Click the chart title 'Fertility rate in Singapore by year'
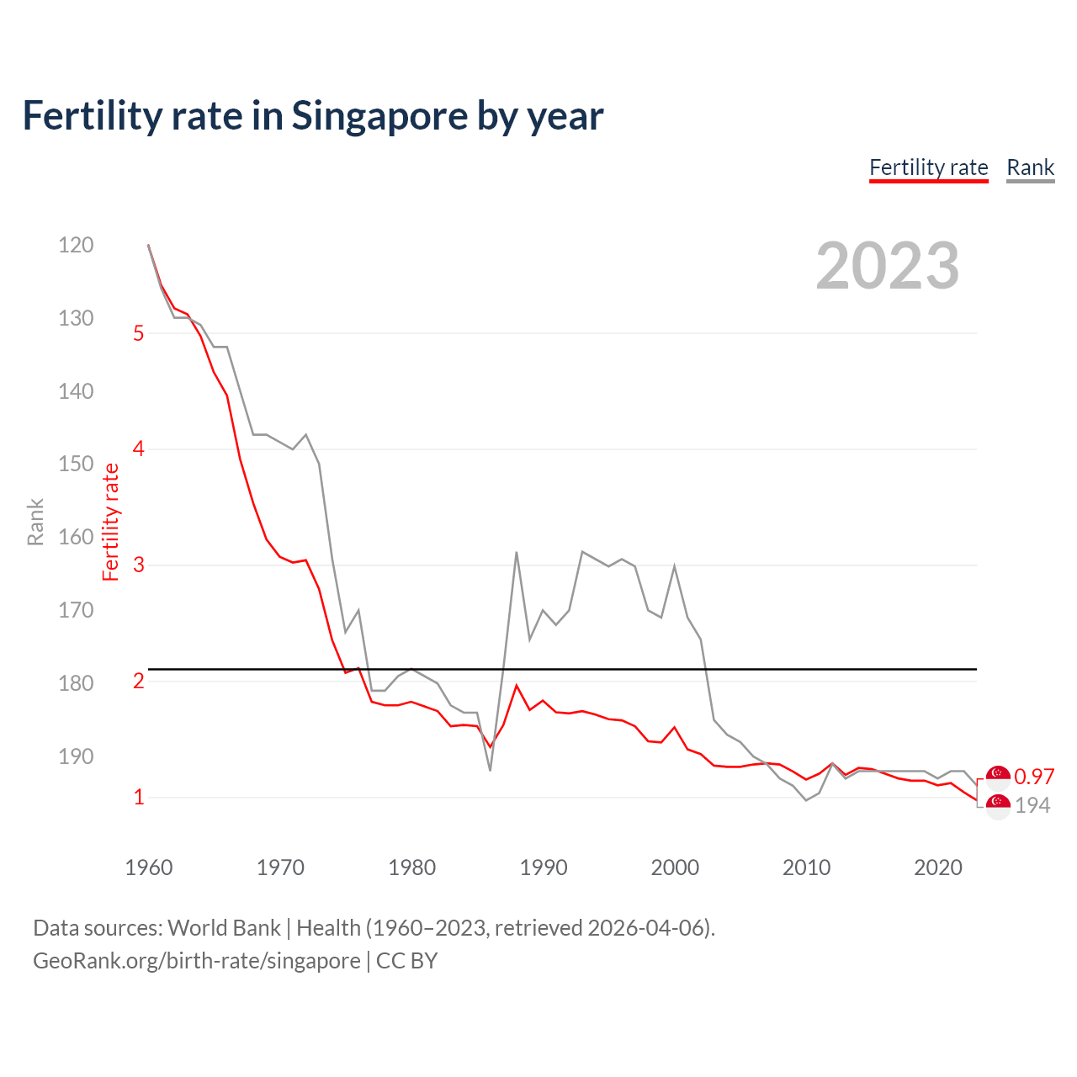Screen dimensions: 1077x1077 (x=312, y=116)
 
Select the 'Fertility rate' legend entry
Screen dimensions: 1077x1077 (x=928, y=167)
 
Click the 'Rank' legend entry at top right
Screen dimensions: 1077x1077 (x=1030, y=167)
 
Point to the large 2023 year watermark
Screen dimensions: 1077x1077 (x=887, y=266)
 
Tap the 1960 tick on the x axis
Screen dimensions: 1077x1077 (x=149, y=867)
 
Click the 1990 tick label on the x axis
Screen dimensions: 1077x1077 (x=544, y=867)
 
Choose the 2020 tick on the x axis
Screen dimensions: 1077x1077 (x=938, y=867)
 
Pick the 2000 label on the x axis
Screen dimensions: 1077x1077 (x=675, y=867)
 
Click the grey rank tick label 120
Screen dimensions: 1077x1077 (x=76, y=245)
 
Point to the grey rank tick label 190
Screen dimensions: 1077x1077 (x=76, y=756)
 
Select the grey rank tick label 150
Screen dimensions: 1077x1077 (x=76, y=464)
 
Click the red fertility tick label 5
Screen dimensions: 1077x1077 (x=139, y=333)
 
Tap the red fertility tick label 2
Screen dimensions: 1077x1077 (x=139, y=681)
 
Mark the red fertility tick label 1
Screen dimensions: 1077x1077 (x=139, y=797)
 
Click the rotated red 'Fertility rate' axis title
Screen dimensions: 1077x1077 (x=110, y=522)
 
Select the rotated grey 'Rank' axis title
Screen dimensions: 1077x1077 (x=35, y=522)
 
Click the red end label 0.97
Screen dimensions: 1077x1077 (x=1034, y=777)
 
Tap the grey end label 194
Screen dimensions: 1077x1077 (x=1032, y=805)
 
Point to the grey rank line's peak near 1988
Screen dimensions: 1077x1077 (x=516, y=552)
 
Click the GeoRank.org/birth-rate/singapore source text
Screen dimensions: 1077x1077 (x=196, y=961)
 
